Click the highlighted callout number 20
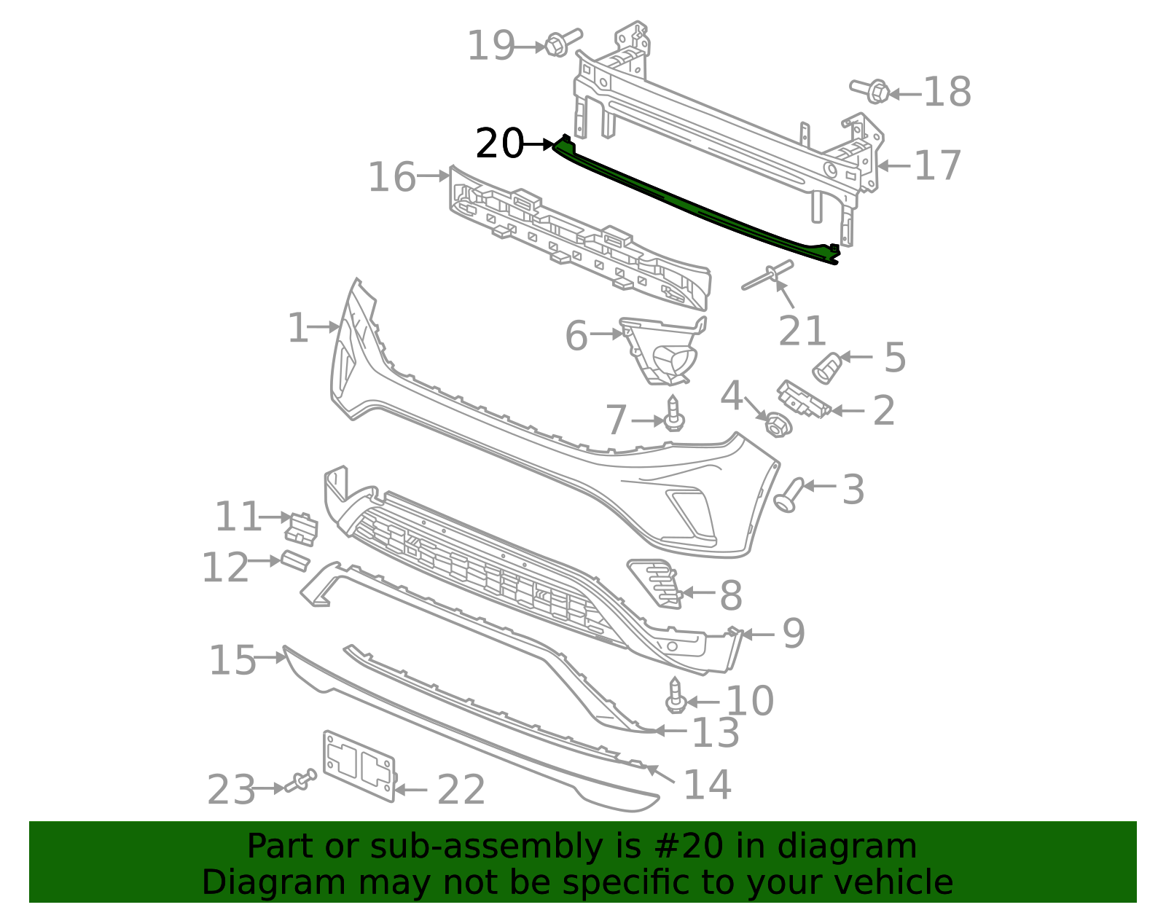coord(499,144)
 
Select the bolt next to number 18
coord(871,91)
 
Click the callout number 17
coord(937,165)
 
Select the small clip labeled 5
coord(826,367)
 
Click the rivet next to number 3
coord(789,495)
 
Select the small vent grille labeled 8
coord(656,583)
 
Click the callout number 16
coord(391,177)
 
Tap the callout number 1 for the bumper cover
coord(297,328)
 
